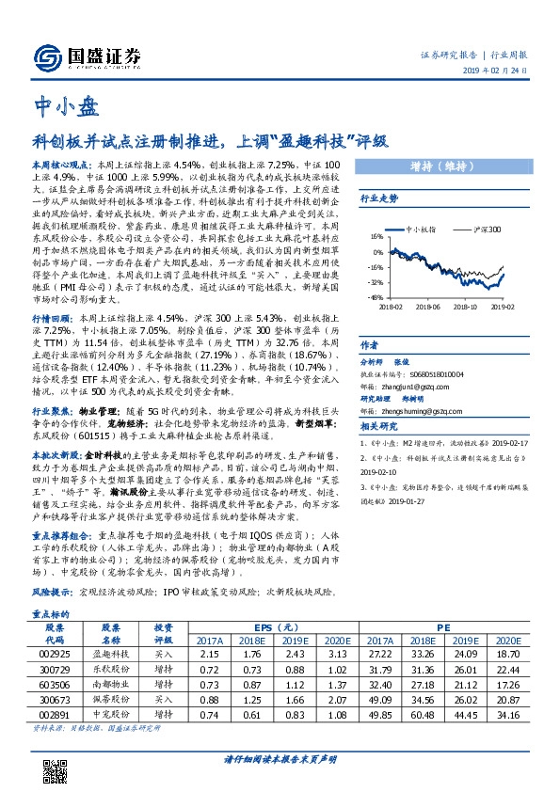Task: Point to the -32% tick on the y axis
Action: pyautogui.click(x=375, y=281)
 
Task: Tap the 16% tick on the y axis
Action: pyautogui.click(x=376, y=236)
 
